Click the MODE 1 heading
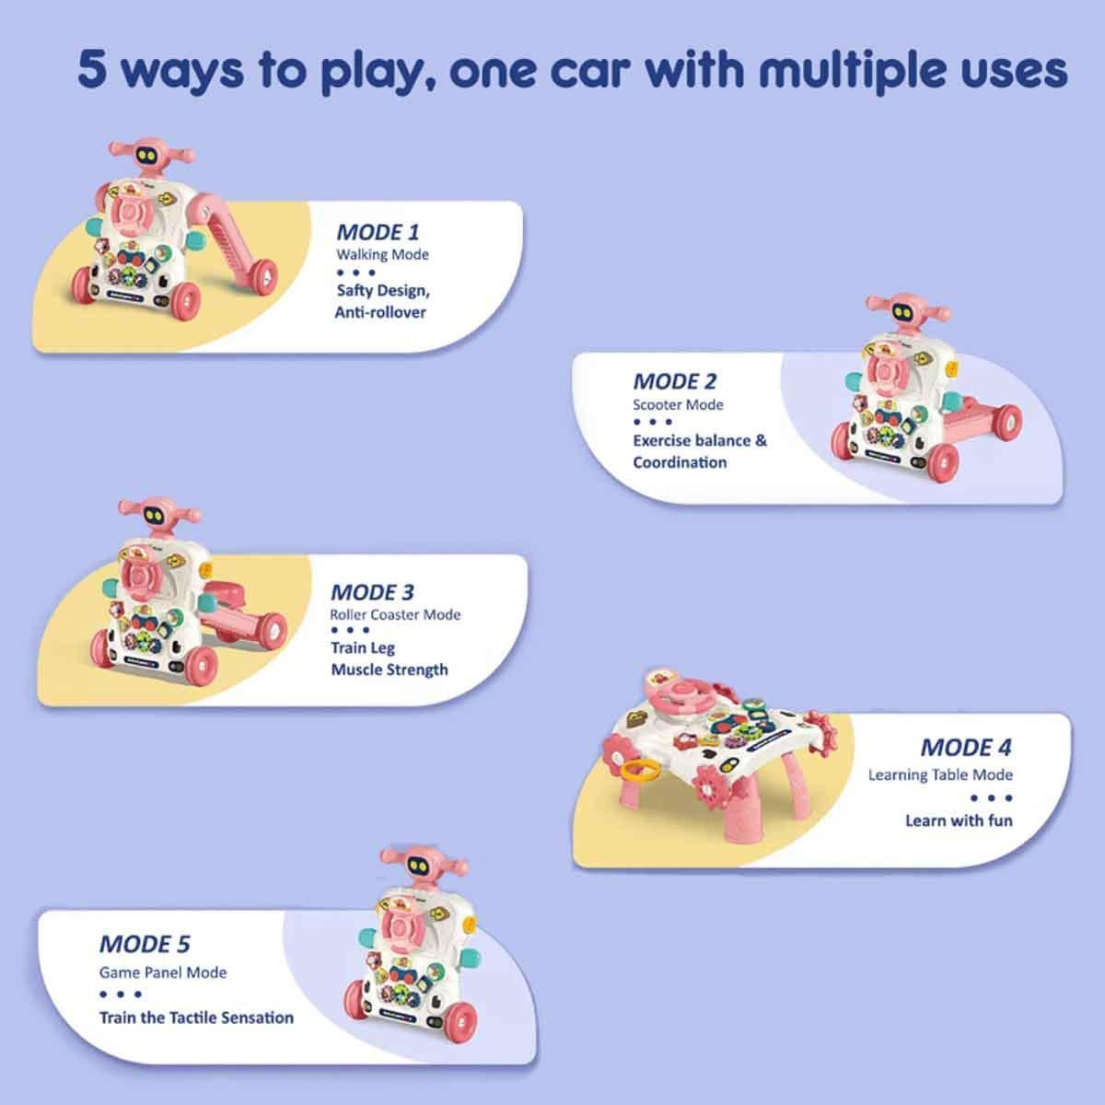pos(378,232)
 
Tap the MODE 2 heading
pos(675,381)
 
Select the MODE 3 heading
pos(372,592)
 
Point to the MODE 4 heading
pos(966,747)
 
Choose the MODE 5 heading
pos(145,944)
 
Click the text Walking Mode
pos(382,254)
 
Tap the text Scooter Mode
pos(678,404)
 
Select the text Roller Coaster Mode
pos(395,615)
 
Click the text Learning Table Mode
pos(940,774)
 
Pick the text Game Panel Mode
pos(163,972)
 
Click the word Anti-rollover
pos(380,312)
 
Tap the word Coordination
pos(680,462)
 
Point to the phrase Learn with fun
pos(959,820)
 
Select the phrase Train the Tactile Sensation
pos(197,1018)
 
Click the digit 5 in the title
pos(93,70)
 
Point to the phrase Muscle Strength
pos(390,669)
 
